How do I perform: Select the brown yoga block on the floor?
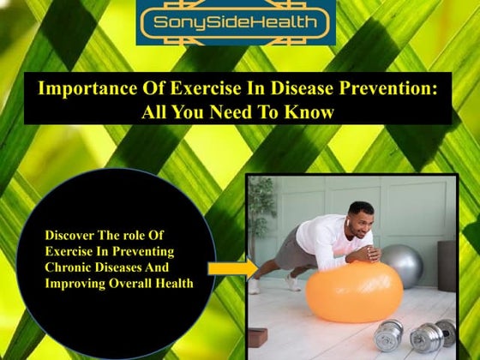click(x=257, y=333)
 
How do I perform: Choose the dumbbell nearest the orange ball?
click(x=389, y=333)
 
